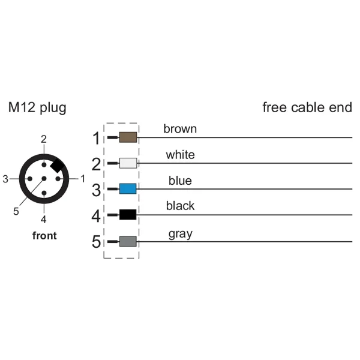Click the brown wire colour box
click(128, 138)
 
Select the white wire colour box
click(128, 163)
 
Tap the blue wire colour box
click(128, 189)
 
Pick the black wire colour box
click(128, 214)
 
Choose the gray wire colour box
click(128, 241)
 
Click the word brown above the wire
click(180, 128)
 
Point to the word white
click(180, 155)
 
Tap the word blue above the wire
click(180, 181)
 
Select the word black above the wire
click(180, 206)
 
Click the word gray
click(180, 233)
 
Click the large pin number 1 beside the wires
click(96, 139)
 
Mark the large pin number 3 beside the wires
click(96, 190)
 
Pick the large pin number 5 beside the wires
click(96, 242)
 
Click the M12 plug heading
click(37, 108)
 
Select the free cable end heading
click(307, 108)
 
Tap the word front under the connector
click(44, 236)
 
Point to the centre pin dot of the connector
click(44, 179)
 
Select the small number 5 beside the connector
click(16, 211)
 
